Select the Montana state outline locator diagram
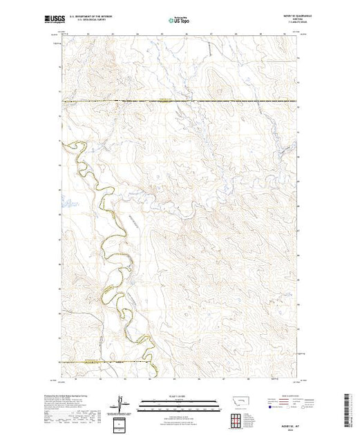(236, 403)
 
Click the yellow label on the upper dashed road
(164, 101)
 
